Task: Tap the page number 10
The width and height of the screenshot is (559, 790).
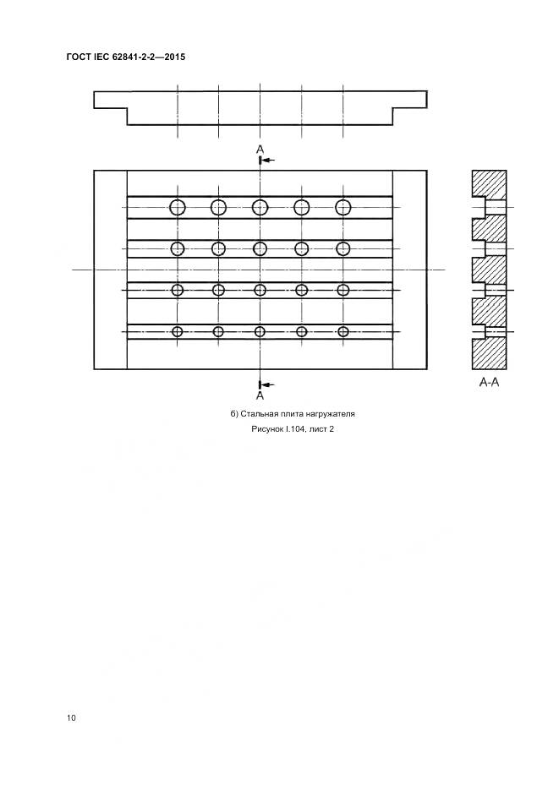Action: click(71, 718)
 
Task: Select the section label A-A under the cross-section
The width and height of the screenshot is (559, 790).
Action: click(489, 383)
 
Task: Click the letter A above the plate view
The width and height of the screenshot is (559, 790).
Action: click(260, 150)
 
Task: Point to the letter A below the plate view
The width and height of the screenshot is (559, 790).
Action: click(260, 395)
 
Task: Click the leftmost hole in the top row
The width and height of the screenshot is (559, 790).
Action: click(178, 207)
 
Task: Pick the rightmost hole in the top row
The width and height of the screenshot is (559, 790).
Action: click(343, 207)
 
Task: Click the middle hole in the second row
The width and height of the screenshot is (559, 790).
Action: click(260, 248)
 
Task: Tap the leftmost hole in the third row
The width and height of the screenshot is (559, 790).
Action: click(178, 290)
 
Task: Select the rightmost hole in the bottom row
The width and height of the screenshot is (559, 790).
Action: click(343, 331)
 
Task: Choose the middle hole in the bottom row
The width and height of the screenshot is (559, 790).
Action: click(260, 331)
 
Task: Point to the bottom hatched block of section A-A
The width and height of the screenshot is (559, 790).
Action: click(489, 354)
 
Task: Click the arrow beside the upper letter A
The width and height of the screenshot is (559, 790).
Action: click(269, 159)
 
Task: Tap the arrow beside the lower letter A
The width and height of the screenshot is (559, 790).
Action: click(269, 383)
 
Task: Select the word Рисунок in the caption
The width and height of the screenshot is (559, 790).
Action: click(267, 429)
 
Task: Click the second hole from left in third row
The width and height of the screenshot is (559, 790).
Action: click(218, 290)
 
